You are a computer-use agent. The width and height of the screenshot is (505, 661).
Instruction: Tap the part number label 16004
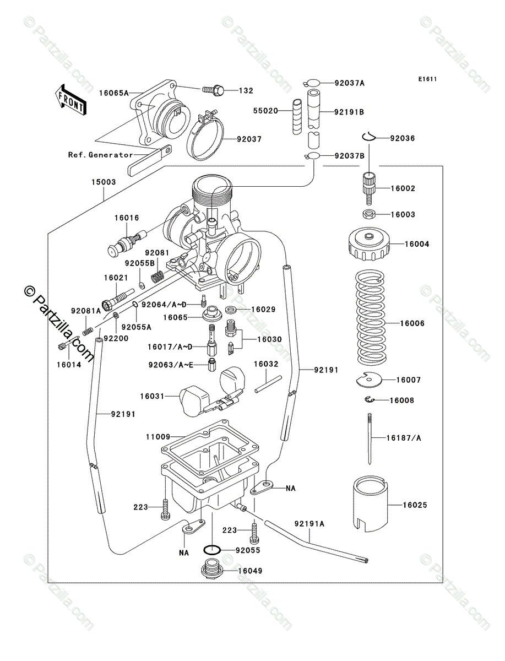click(x=417, y=244)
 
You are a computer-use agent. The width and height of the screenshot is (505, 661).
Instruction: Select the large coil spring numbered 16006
click(x=371, y=317)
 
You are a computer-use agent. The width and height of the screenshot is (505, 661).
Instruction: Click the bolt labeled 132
click(x=213, y=90)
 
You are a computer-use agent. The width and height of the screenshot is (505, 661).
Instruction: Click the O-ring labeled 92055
click(x=212, y=550)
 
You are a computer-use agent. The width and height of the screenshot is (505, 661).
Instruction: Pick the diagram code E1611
click(x=427, y=79)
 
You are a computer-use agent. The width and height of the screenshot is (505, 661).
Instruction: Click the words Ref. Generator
click(x=101, y=155)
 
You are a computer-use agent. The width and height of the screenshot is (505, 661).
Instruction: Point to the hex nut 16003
click(x=368, y=214)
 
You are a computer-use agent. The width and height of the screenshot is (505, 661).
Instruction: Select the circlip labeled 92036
click(x=368, y=137)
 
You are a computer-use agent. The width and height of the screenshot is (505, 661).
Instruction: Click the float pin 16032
click(x=268, y=384)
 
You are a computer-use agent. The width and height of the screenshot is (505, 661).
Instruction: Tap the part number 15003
click(x=104, y=182)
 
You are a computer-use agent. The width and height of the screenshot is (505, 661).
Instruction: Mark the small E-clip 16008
click(x=369, y=400)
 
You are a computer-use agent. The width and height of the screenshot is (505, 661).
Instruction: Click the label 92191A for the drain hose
click(x=309, y=524)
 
